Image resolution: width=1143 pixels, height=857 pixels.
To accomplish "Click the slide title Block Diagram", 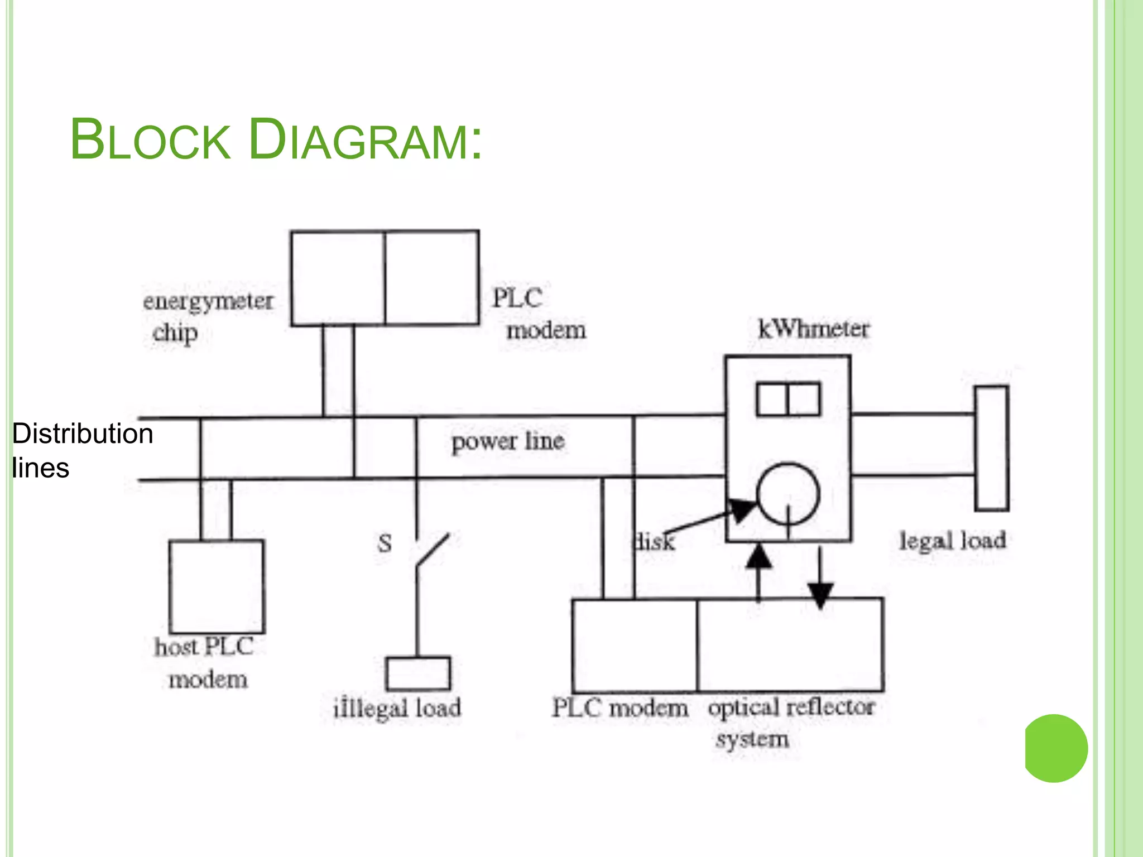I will pyautogui.click(x=276, y=139).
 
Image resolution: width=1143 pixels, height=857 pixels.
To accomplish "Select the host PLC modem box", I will pyautogui.click(x=217, y=586).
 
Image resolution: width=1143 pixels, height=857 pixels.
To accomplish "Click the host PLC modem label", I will pyautogui.click(x=205, y=663).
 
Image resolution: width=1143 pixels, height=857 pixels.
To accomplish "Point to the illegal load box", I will pyautogui.click(x=418, y=673).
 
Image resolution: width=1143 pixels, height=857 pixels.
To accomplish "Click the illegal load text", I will pyautogui.click(x=397, y=709).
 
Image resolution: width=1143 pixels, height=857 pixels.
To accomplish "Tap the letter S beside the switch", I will pyautogui.click(x=385, y=543).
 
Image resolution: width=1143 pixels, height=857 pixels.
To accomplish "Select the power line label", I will pyautogui.click(x=508, y=441).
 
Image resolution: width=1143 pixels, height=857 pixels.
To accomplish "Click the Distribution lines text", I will pyautogui.click(x=82, y=450).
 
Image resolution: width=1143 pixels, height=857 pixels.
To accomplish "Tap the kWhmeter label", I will pyautogui.click(x=813, y=329).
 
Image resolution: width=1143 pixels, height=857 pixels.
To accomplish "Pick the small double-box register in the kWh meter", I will pyautogui.click(x=788, y=399).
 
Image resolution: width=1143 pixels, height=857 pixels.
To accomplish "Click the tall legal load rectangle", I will pyautogui.click(x=991, y=448).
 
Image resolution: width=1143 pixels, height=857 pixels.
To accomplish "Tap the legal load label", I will pyautogui.click(x=952, y=541).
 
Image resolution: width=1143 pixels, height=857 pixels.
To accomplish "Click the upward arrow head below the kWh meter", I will pyautogui.click(x=759, y=557).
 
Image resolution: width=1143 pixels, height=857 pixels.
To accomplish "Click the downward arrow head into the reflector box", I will pyautogui.click(x=820, y=596).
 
